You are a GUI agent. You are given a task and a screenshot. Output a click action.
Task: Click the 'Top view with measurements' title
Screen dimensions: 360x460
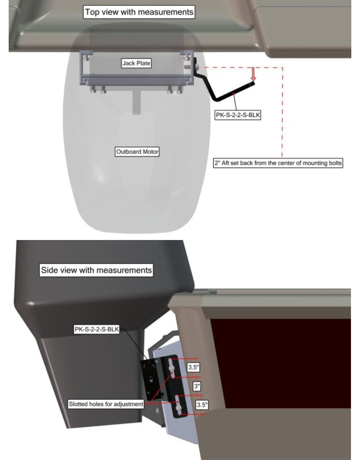tap(139, 12)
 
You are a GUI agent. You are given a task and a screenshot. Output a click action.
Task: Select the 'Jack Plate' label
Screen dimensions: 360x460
tap(136, 63)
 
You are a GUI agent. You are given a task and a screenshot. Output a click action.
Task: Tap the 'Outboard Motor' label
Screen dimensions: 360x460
tap(137, 152)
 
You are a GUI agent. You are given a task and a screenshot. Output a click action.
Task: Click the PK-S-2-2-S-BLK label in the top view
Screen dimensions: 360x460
tap(237, 115)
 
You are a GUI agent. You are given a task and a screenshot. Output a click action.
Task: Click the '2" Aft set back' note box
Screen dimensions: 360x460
tap(278, 163)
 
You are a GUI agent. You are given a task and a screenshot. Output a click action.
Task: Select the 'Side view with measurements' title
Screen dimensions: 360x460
tap(96, 270)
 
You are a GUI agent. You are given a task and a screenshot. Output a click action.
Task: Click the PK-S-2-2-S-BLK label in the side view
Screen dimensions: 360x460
tap(97, 329)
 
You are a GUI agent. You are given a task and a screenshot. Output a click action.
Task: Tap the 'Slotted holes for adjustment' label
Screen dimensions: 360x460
tap(106, 404)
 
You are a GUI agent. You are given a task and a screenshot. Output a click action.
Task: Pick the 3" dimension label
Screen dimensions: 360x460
tap(197, 386)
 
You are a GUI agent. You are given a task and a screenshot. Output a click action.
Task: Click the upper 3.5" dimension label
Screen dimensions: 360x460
tap(193, 367)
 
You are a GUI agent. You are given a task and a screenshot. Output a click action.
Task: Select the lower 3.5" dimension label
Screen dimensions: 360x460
tap(202, 405)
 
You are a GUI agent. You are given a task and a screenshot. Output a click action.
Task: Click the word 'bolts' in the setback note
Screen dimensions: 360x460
tap(336, 163)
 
